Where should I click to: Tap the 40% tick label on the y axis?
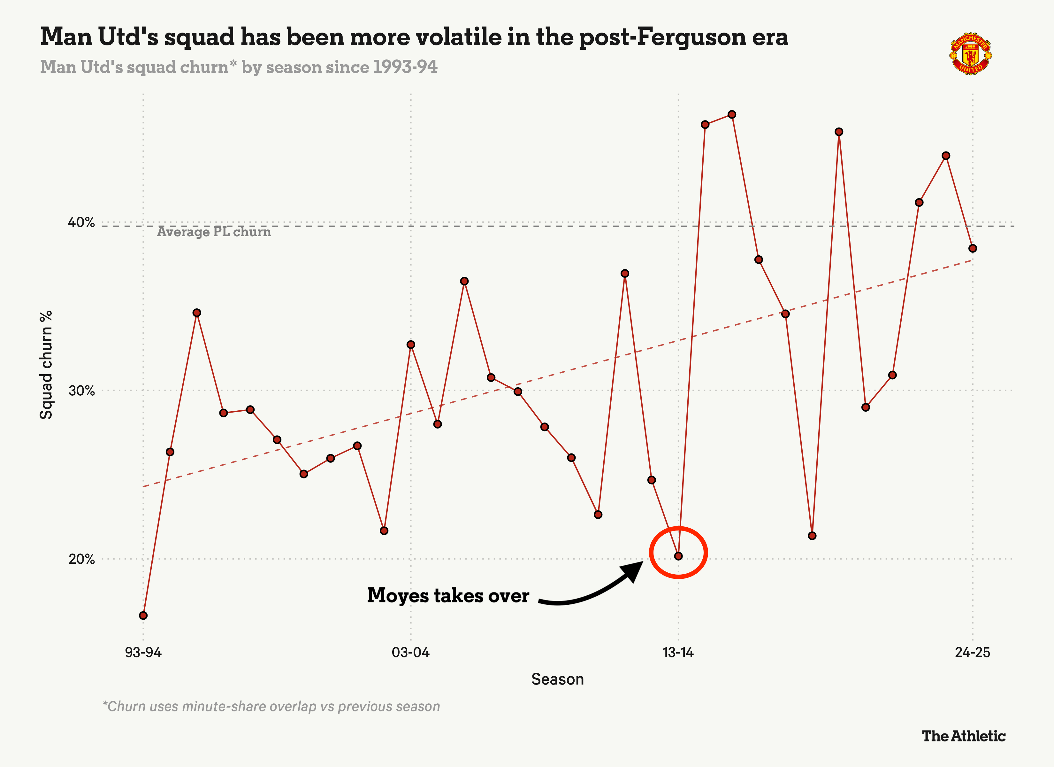click(x=81, y=222)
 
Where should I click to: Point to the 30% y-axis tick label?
click(x=81, y=391)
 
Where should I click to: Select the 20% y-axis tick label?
click(x=81, y=559)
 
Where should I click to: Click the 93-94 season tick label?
click(x=143, y=652)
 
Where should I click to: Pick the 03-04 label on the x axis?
click(x=410, y=652)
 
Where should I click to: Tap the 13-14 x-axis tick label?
click(x=678, y=652)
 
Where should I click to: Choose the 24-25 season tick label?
click(x=972, y=652)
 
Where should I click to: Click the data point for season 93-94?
click(x=143, y=616)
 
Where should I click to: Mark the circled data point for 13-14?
click(x=678, y=556)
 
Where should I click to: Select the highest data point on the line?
click(x=731, y=114)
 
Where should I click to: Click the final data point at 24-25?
click(x=972, y=248)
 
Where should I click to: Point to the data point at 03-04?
click(x=410, y=345)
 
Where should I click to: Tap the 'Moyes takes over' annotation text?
click(x=448, y=596)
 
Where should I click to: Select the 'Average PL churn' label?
click(x=214, y=232)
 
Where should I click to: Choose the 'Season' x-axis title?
click(x=557, y=679)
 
